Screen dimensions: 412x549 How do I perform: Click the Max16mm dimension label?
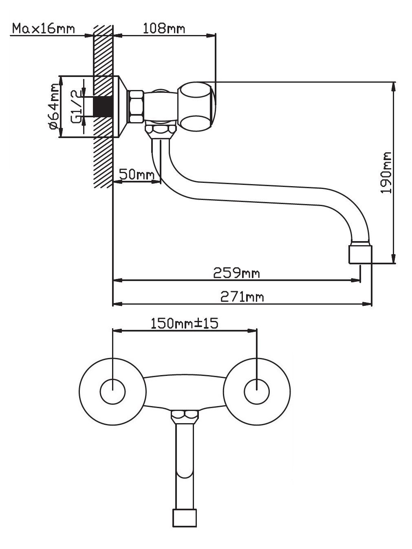44,29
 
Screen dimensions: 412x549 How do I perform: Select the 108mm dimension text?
164,29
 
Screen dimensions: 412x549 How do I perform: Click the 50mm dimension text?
137,174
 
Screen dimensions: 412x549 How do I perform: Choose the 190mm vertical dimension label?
386,172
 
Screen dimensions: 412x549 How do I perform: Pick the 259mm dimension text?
236,273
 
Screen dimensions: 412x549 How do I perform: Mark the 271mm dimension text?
242,297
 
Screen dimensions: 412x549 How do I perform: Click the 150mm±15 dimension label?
184,323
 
